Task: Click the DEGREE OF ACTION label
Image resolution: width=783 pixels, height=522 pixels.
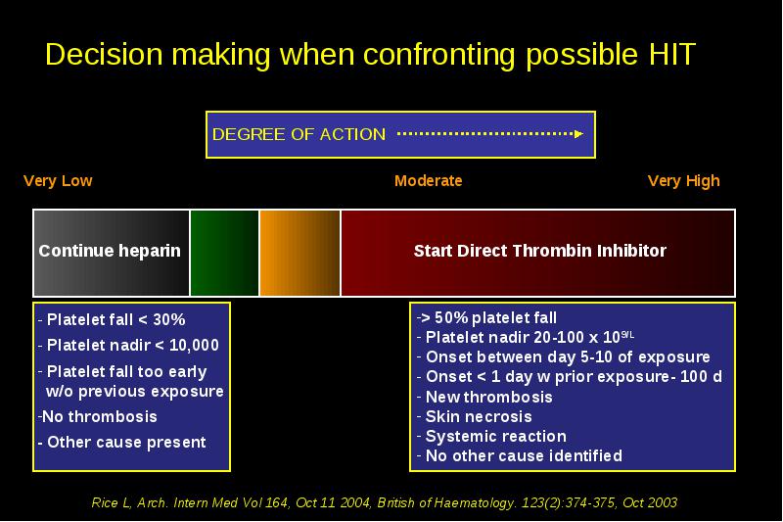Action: [x=299, y=134]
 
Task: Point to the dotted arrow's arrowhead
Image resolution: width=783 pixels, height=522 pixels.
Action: [x=578, y=134]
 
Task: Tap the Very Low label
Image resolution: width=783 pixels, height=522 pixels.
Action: [x=58, y=181]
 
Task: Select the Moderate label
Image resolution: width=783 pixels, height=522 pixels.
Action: [x=428, y=181]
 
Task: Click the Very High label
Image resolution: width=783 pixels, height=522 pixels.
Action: [x=683, y=181]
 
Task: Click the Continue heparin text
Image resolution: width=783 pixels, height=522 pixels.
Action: [x=110, y=251]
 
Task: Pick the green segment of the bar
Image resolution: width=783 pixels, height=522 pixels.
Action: [x=225, y=253]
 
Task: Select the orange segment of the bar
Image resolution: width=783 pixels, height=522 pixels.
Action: [x=299, y=253]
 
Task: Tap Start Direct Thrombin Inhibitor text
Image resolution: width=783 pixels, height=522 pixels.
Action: [x=540, y=251]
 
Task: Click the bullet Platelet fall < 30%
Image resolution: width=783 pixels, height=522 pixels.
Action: [x=112, y=319]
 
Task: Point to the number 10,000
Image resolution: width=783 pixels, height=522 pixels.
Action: [x=194, y=345]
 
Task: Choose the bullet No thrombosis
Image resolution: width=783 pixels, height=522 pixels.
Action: [x=98, y=416]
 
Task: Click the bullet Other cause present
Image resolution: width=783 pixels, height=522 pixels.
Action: [x=121, y=443]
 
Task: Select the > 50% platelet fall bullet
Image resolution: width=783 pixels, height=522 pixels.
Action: [x=486, y=317]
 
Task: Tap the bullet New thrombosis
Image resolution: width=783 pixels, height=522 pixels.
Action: [x=484, y=397]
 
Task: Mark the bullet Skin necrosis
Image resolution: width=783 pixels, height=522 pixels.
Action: [x=475, y=416]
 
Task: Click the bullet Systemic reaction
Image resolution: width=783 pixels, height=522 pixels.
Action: [x=492, y=436]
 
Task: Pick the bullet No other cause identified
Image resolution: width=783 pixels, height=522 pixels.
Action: [x=520, y=455]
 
